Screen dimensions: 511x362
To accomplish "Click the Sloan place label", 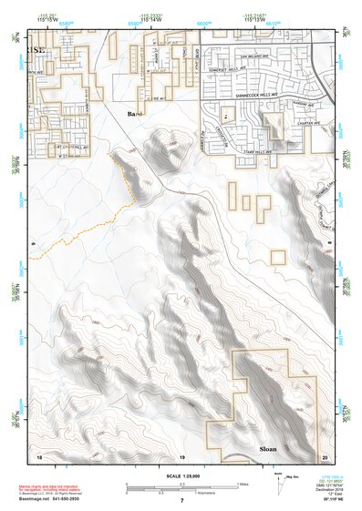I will pyautogui.click(x=268, y=449).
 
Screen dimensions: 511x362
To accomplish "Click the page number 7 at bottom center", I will pyautogui.click(x=181, y=501).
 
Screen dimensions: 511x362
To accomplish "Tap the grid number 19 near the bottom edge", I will pyautogui.click(x=181, y=455).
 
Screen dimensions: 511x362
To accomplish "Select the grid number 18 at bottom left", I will pyautogui.click(x=38, y=455).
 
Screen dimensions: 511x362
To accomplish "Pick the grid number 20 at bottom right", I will pyautogui.click(x=324, y=455).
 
